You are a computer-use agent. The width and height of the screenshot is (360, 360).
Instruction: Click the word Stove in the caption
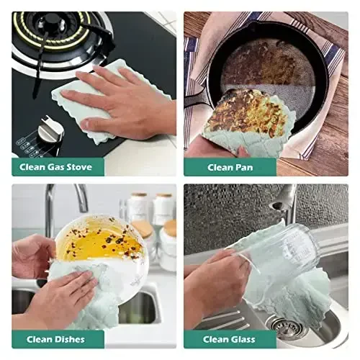coord(79,167)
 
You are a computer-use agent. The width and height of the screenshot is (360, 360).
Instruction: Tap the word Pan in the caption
coord(243,167)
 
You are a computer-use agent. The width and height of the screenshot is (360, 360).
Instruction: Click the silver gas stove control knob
coord(51,131)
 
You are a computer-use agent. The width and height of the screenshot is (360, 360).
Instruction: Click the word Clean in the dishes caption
coord(40,339)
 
